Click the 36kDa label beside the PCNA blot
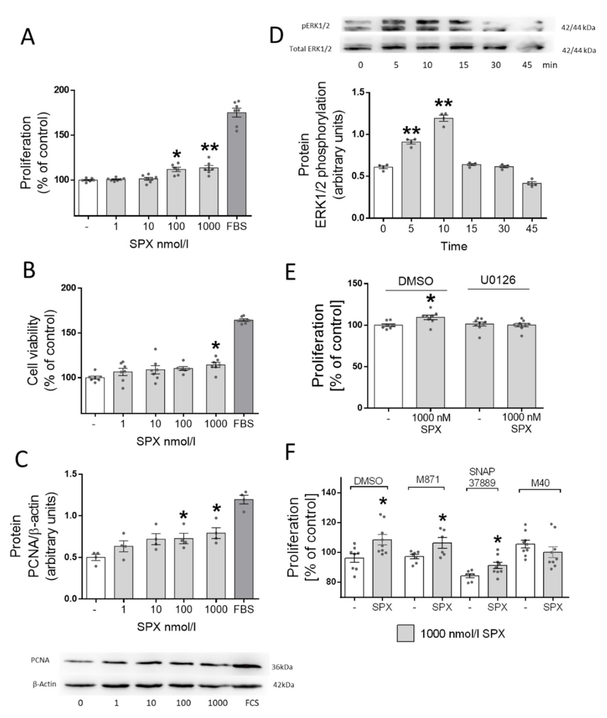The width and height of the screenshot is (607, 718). (282, 667)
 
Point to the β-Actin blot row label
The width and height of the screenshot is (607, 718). (44, 684)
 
